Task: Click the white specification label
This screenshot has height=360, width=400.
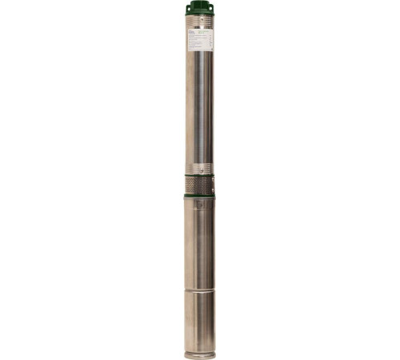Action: click(200, 42)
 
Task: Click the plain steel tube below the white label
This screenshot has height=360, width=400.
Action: click(200, 104)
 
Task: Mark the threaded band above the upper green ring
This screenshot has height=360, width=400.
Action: click(200, 169)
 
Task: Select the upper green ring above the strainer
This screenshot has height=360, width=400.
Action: click(200, 174)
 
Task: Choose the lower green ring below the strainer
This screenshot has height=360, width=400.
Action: click(200, 195)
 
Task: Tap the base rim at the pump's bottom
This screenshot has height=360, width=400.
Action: click(200, 354)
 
